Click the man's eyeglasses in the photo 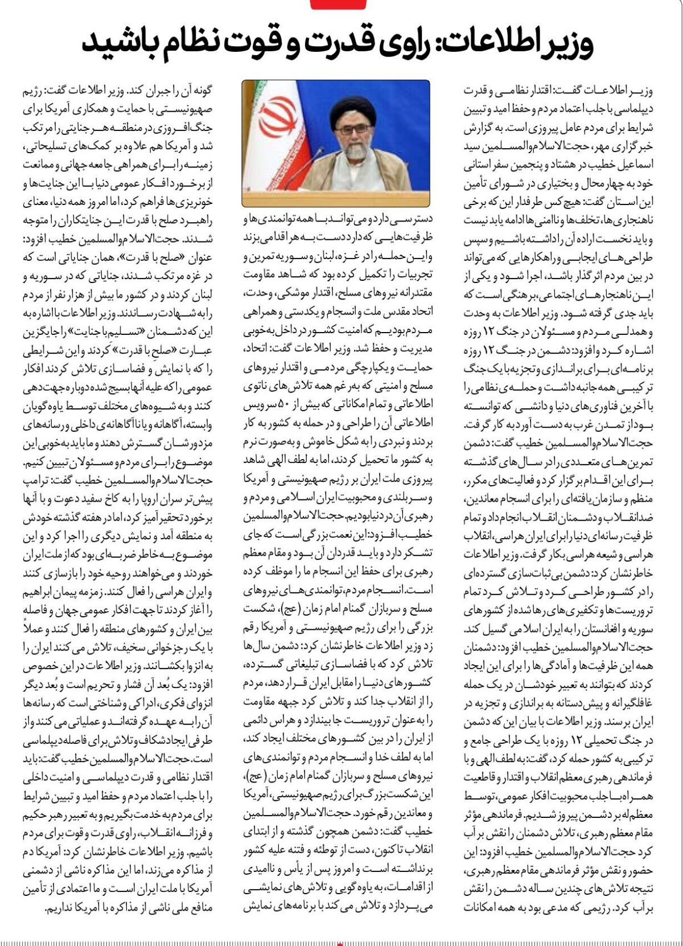353,130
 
